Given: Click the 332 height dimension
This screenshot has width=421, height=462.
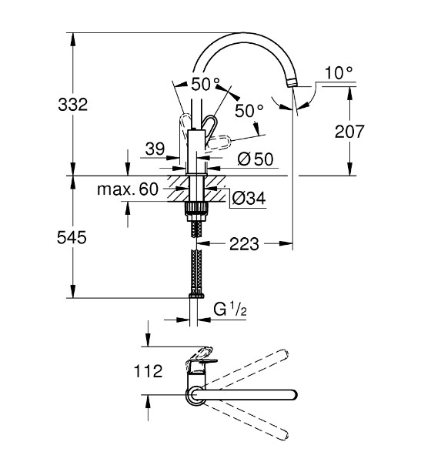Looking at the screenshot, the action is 73,105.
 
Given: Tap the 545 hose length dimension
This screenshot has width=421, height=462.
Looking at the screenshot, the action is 72,237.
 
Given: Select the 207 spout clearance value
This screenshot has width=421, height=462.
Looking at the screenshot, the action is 349,132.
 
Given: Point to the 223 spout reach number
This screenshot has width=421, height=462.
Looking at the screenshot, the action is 244,244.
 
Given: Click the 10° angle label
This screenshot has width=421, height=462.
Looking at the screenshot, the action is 339,73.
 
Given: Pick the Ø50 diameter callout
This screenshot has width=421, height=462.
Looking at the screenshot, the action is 256,159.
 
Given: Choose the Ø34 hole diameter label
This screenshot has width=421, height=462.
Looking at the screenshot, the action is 249,198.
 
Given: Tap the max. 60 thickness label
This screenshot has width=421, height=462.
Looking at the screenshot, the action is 128,189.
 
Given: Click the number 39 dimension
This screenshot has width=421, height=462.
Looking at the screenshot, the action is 155,149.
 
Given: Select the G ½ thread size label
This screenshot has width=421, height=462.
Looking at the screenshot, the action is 230,310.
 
